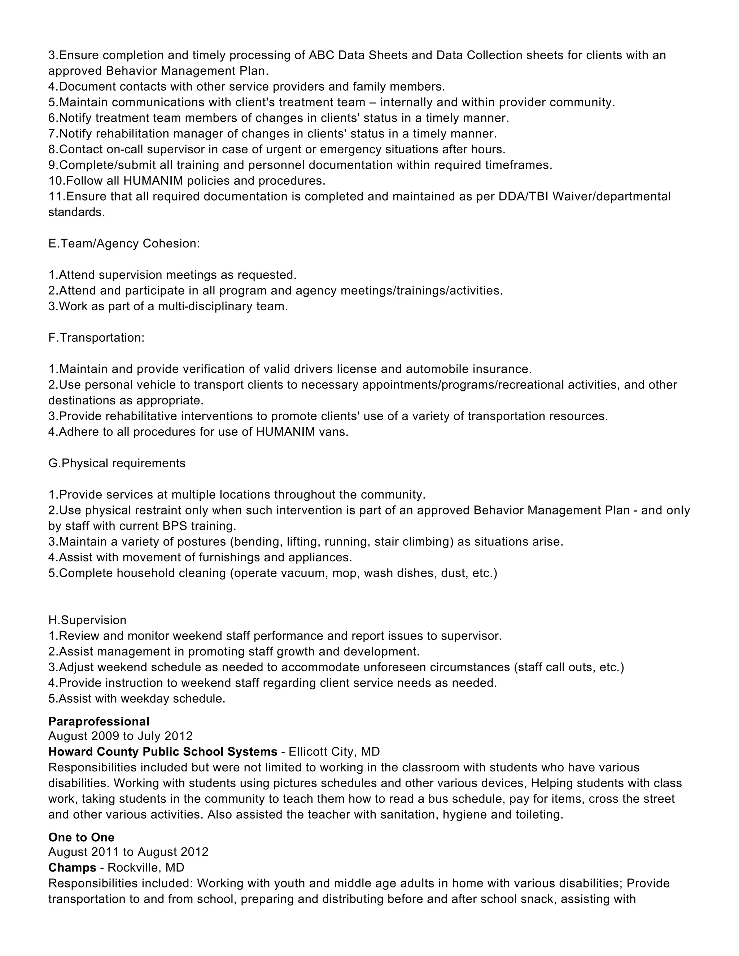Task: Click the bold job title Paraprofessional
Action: [99, 722]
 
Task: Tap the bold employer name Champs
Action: [72, 868]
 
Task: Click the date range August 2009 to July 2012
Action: [121, 736]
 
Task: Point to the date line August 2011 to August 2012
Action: [128, 852]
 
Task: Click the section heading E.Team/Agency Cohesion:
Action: [124, 244]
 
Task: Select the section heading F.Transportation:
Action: [96, 338]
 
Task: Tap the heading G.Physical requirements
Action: [117, 464]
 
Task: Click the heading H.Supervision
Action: [87, 620]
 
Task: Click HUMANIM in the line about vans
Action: [285, 432]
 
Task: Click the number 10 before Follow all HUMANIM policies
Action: [56, 181]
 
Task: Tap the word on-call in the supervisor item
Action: [123, 150]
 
